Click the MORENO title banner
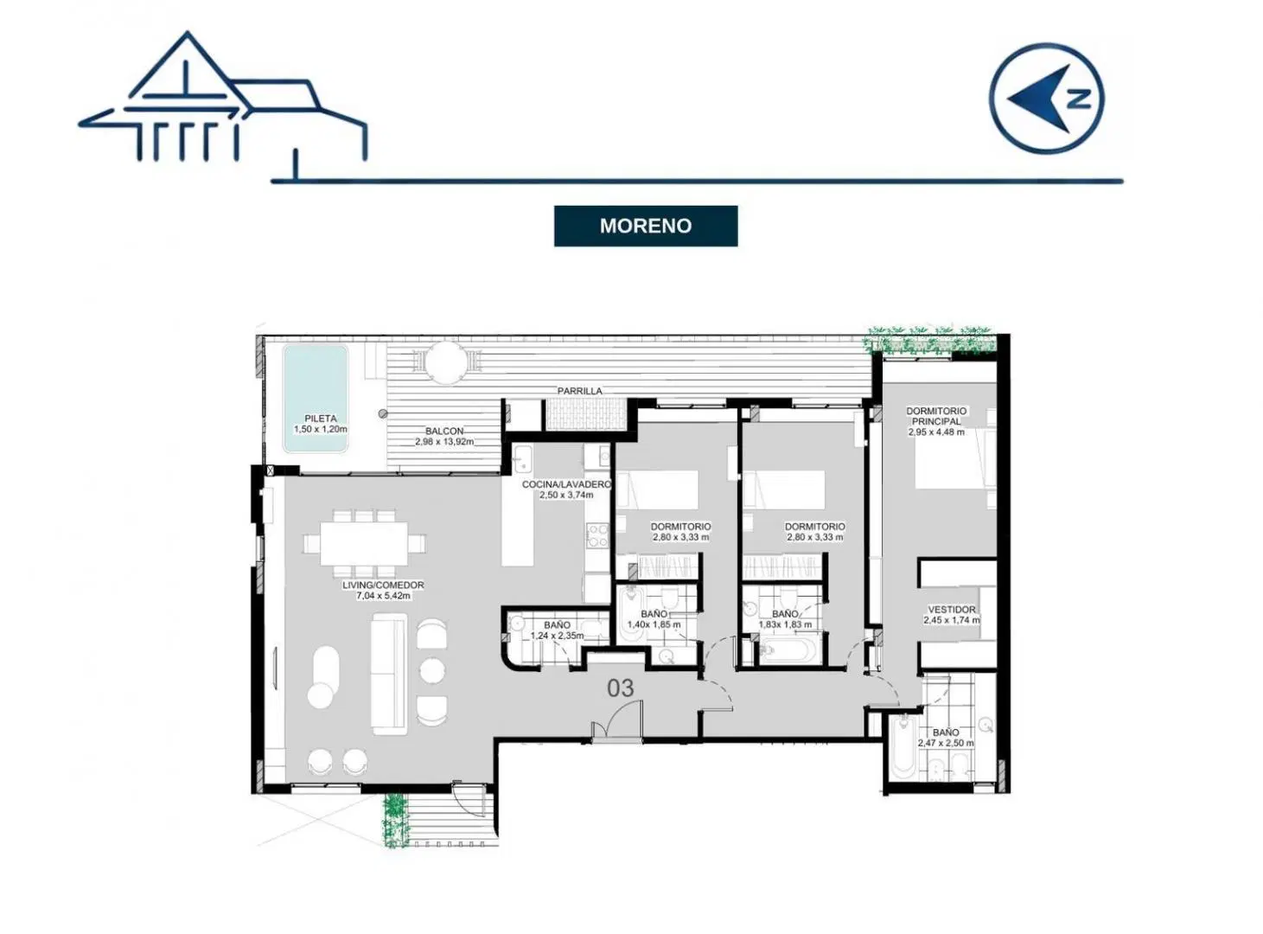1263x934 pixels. click(x=645, y=226)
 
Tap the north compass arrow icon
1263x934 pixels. click(x=1047, y=98)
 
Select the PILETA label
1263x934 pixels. click(x=320, y=419)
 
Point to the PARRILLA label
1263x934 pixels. click(x=579, y=391)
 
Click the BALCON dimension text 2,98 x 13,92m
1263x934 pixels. click(x=444, y=442)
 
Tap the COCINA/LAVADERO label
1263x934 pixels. click(x=566, y=484)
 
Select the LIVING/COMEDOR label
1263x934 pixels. click(x=383, y=585)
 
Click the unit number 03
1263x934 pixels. click(x=620, y=688)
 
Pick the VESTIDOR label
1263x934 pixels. click(x=952, y=609)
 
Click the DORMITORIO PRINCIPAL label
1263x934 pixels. click(x=936, y=416)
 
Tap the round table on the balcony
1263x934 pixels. click(x=445, y=363)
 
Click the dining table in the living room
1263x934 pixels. click(x=365, y=544)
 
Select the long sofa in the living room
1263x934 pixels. click(x=390, y=675)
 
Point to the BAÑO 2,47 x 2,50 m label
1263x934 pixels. click(x=945, y=738)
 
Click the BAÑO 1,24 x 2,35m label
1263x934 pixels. click(x=557, y=630)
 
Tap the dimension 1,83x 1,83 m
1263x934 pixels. click(x=785, y=624)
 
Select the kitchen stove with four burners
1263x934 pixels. click(x=598, y=535)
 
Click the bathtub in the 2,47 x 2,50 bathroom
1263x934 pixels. click(x=903, y=748)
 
